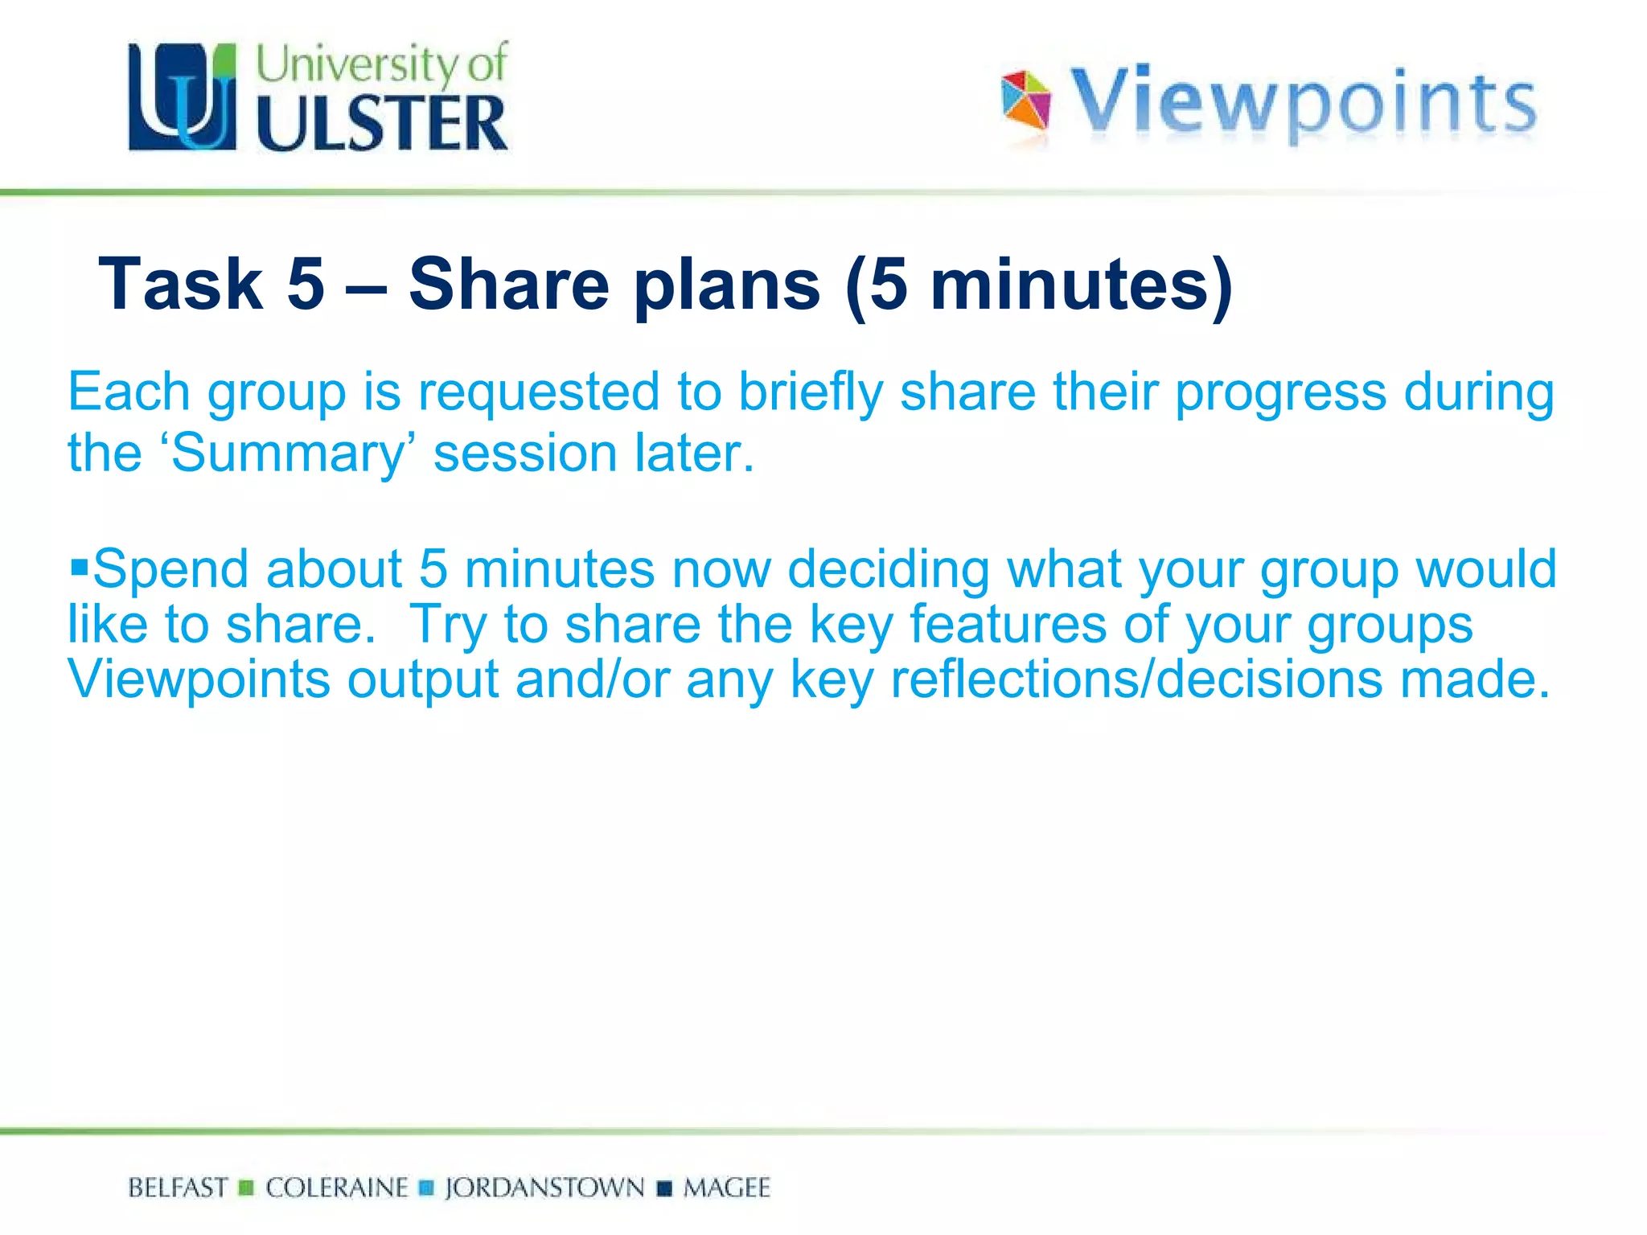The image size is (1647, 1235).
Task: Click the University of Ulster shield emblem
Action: (x=183, y=97)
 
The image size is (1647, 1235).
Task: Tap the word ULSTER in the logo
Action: (x=382, y=123)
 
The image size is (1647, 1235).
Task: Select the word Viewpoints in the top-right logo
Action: (x=1304, y=102)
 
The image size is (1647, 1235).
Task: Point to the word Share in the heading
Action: (x=509, y=283)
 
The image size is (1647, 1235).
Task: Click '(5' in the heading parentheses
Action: (x=877, y=285)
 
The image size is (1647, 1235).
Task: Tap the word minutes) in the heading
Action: (x=1082, y=285)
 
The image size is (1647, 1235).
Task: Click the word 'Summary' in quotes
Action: (x=290, y=453)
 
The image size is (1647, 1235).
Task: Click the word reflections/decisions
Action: (x=1137, y=679)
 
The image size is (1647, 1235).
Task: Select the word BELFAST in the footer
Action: (x=178, y=1188)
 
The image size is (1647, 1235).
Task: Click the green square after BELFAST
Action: (x=247, y=1188)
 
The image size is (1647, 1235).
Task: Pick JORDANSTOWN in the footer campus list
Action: (x=544, y=1188)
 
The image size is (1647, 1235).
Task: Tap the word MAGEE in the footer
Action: (x=726, y=1188)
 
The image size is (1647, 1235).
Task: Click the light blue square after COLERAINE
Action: (x=427, y=1188)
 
